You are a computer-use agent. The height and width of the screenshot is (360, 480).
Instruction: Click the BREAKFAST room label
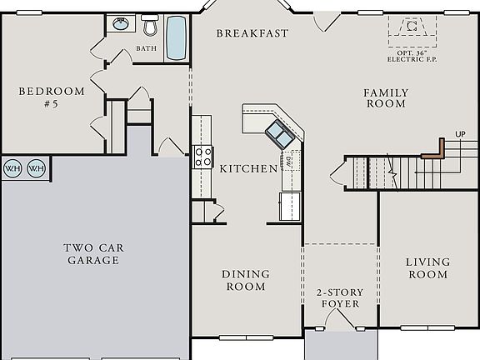[x=252, y=33]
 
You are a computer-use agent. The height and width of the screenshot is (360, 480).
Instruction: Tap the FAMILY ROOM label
[x=385, y=98]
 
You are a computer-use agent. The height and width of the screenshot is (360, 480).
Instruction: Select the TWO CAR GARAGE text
[x=92, y=253]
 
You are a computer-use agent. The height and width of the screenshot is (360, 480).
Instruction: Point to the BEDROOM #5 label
[x=52, y=98]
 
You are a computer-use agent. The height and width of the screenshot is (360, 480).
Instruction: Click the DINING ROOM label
[x=246, y=280]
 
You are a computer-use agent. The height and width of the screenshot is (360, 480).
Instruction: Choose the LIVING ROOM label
[x=427, y=268]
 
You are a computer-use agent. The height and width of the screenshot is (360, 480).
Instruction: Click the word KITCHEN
[x=248, y=168]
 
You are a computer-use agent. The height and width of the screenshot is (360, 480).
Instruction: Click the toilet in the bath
[x=150, y=26]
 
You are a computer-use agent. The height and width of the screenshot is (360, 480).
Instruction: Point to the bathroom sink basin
[x=121, y=24]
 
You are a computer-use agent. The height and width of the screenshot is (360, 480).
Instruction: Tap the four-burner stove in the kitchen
[x=203, y=156]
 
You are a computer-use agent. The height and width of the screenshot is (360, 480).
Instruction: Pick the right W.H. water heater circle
[x=36, y=168]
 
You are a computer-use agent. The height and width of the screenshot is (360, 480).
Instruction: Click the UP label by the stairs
[x=460, y=134]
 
